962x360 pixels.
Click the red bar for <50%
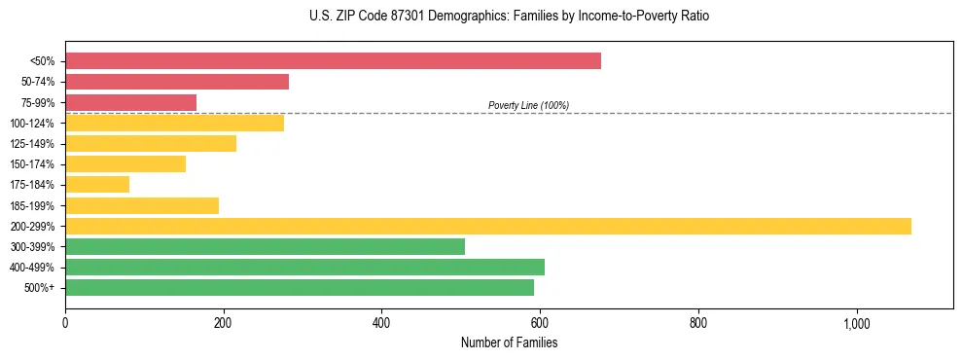point(333,61)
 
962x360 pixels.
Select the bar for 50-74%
point(177,82)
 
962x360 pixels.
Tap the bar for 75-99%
point(130,102)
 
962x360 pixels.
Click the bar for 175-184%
point(97,184)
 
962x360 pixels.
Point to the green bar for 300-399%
point(265,246)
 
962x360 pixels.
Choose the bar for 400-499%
point(304,267)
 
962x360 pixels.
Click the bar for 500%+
point(300,287)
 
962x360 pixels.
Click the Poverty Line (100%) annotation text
point(528,105)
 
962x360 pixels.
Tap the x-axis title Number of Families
point(509,342)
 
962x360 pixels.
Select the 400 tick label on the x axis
point(381,323)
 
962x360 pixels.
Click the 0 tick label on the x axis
point(65,323)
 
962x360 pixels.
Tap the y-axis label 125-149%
point(32,144)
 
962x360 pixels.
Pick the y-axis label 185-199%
point(32,205)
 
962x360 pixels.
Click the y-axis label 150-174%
point(32,164)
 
